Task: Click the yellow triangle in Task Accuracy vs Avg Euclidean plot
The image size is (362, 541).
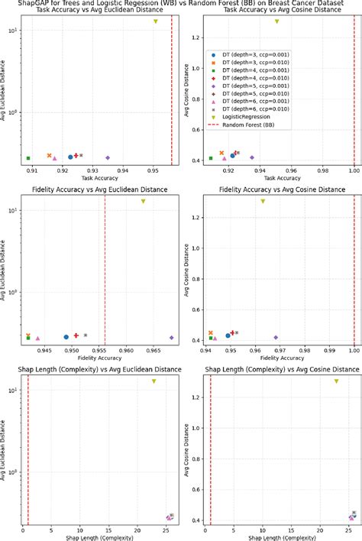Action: [x=155, y=21]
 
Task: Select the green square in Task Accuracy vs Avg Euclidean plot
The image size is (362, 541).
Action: [x=28, y=158]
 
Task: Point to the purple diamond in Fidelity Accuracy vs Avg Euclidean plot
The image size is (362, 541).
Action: [x=172, y=337]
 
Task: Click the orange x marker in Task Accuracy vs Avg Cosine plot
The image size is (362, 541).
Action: [x=221, y=154]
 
